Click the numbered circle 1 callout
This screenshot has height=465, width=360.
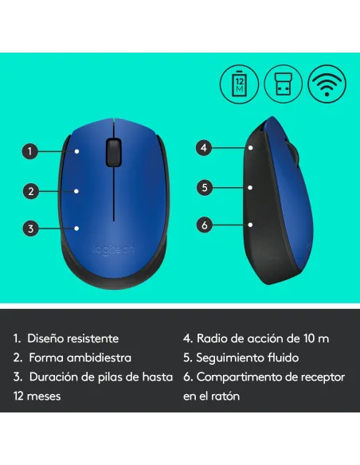click(x=30, y=150)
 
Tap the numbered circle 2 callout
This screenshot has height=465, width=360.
click(x=30, y=191)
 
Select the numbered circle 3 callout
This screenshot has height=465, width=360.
click(x=30, y=229)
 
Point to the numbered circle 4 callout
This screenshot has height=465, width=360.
click(x=204, y=147)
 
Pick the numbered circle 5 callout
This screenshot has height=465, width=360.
click(x=204, y=188)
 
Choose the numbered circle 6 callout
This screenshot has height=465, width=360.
click(x=204, y=225)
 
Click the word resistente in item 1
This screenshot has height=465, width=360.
click(x=91, y=338)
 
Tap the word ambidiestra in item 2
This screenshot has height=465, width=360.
click(x=98, y=358)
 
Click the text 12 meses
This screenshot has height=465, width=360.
click(x=37, y=396)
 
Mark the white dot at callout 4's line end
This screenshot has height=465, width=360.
click(x=250, y=147)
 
